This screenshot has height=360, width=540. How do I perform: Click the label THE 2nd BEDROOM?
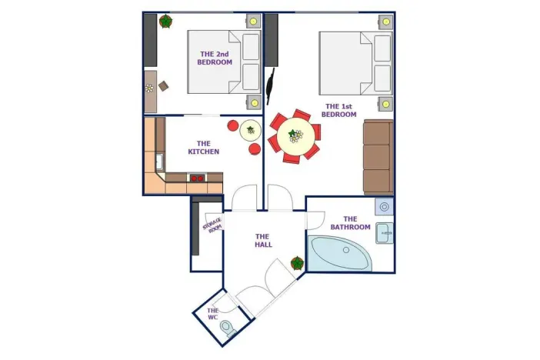point(215,58)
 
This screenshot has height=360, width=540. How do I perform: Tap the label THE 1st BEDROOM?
point(339,110)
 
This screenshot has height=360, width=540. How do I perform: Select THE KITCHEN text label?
point(203,147)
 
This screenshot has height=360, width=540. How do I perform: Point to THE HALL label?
point(262,240)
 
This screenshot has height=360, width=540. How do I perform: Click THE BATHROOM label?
point(350,223)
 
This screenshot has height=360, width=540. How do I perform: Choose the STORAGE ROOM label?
point(212,225)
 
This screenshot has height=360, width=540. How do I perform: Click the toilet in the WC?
point(227,328)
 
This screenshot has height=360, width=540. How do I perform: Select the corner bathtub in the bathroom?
point(339,253)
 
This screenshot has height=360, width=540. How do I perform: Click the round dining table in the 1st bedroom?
point(295,138)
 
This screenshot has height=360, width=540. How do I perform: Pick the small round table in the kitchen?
point(251,131)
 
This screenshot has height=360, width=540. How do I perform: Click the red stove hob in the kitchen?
point(197,178)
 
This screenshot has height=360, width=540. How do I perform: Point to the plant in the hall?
point(297,264)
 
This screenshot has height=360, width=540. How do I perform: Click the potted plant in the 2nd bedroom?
point(166,22)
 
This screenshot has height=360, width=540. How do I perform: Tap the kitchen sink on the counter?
point(159,162)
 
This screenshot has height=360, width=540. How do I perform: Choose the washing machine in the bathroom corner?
point(385,205)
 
